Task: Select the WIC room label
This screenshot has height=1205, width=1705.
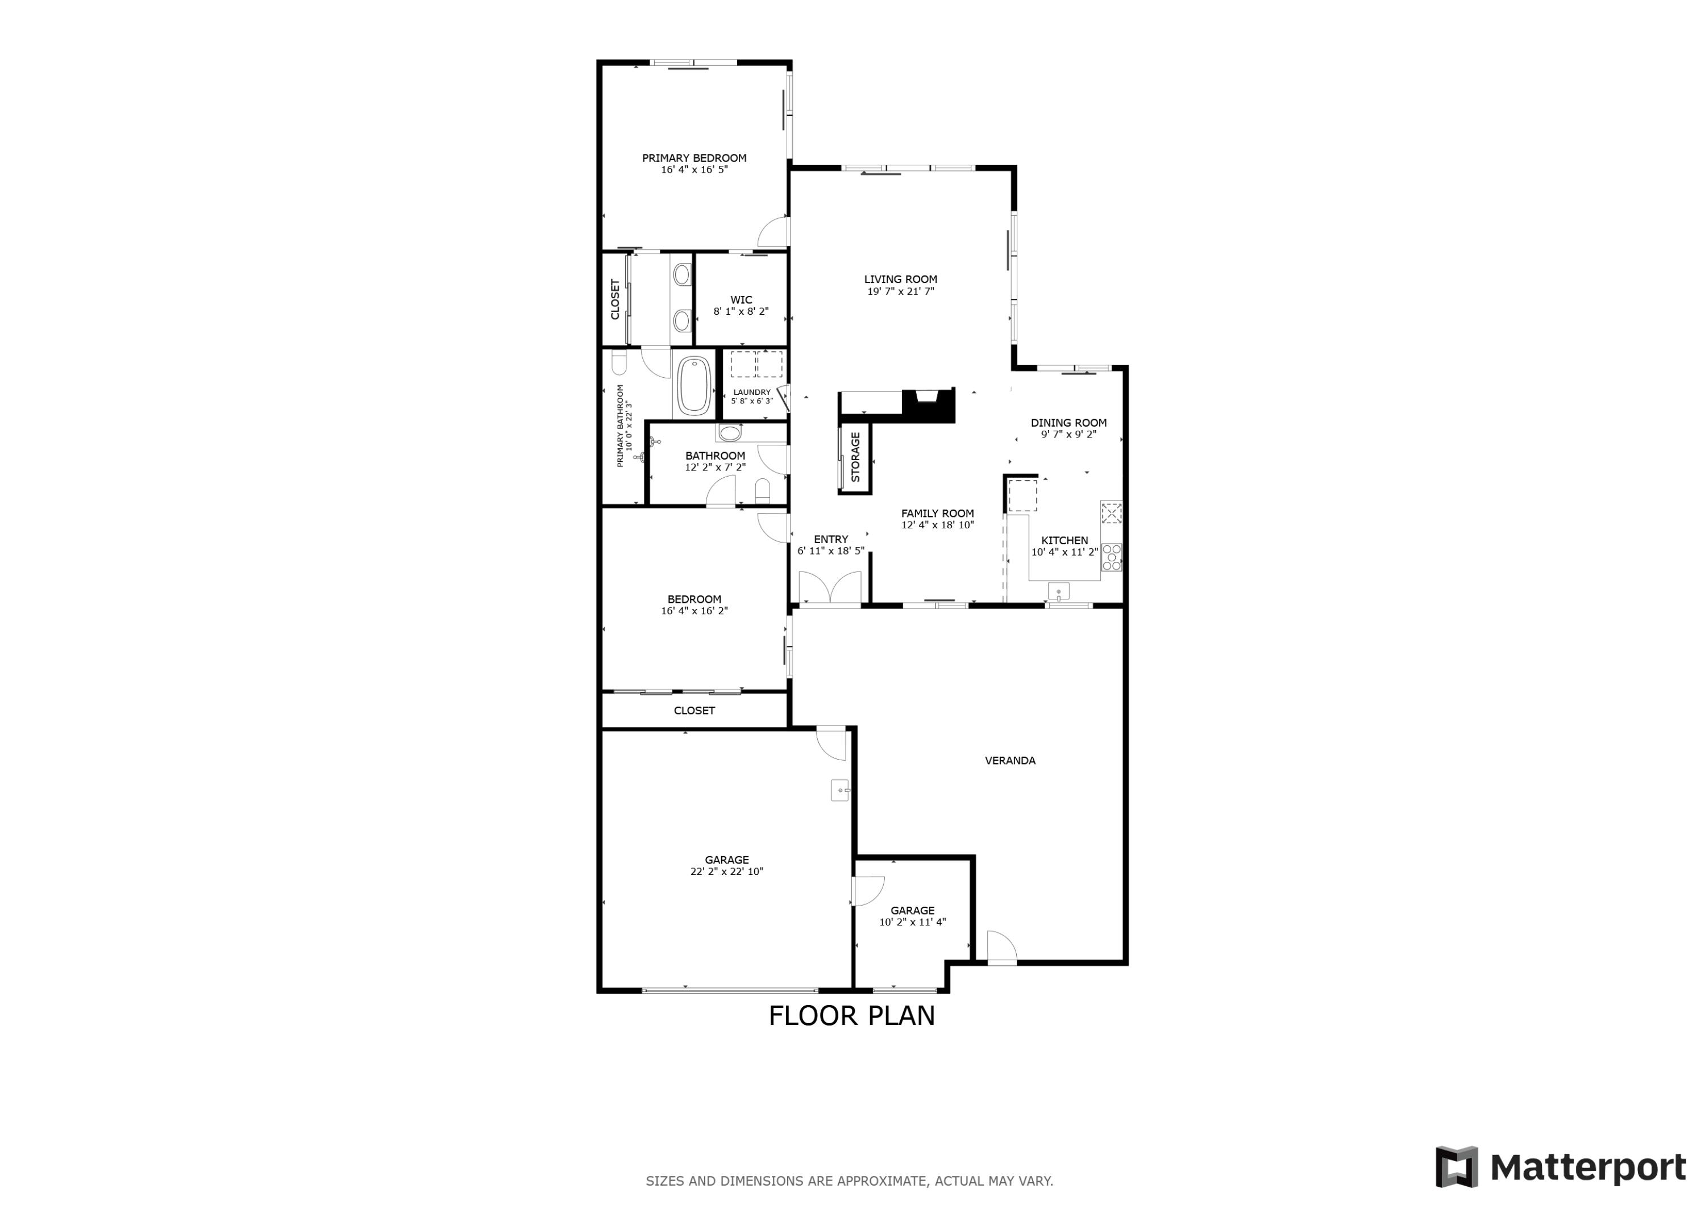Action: (x=741, y=300)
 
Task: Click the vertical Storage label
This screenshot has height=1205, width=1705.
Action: (x=855, y=457)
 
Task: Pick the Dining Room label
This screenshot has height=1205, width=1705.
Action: (x=1068, y=423)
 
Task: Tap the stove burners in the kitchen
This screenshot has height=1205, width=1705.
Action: (x=1111, y=557)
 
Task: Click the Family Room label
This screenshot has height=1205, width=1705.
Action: (x=937, y=513)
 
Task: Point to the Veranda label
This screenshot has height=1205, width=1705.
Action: (x=1009, y=760)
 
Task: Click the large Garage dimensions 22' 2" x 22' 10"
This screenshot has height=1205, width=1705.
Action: (x=726, y=872)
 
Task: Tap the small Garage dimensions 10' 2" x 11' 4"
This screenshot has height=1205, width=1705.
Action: (x=912, y=922)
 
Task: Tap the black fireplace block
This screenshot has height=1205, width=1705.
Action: (x=928, y=406)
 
